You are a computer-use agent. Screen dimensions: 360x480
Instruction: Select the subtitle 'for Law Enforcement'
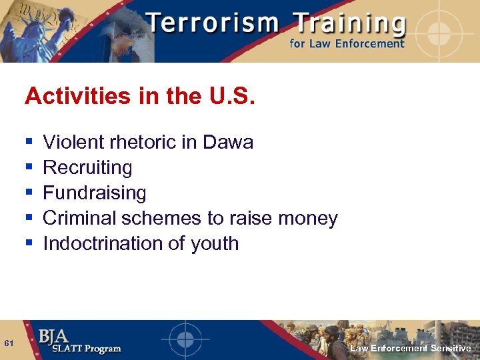[347, 44]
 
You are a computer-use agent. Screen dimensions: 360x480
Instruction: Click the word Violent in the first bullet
[73, 142]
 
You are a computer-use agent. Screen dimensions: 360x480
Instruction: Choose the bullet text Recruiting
[87, 167]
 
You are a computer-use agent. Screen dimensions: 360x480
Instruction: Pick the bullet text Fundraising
[94, 193]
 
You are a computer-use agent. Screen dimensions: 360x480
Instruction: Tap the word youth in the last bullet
[216, 243]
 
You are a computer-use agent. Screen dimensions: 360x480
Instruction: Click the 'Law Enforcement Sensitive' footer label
[410, 349]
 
